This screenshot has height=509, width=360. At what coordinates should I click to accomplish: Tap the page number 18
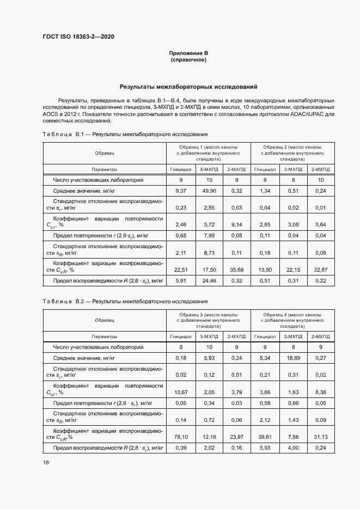(x=46, y=462)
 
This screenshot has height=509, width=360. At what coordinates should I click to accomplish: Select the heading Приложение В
(x=188, y=53)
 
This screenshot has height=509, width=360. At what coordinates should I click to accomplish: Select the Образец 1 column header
(x=210, y=154)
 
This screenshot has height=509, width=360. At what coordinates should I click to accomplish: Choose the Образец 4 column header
(x=294, y=321)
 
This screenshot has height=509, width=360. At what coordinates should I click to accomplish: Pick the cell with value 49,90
(x=210, y=191)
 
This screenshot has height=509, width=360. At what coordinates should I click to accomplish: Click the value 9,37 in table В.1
(x=181, y=191)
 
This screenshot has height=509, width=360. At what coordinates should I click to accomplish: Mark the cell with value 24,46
(x=210, y=281)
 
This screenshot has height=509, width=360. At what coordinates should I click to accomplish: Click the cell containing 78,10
(x=181, y=436)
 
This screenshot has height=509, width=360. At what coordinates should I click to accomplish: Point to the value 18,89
(x=294, y=358)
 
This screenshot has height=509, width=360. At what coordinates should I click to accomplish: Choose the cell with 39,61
(x=265, y=436)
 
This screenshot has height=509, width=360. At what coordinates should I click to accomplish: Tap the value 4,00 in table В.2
(x=294, y=448)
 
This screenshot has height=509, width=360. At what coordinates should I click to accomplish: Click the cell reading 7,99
(x=210, y=235)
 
